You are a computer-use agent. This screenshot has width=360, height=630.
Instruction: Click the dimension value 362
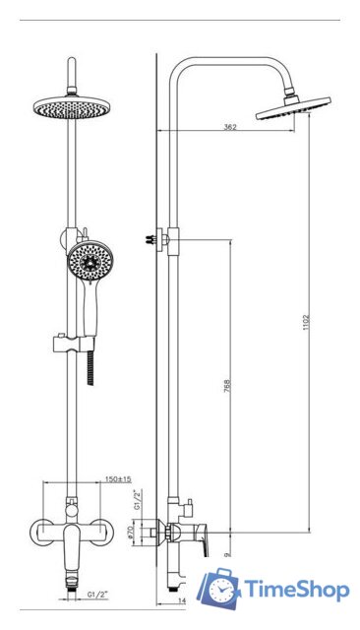[x=229, y=127]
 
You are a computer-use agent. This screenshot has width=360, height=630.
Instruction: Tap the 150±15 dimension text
[x=119, y=479]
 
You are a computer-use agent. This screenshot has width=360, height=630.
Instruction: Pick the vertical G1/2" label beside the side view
[x=138, y=502]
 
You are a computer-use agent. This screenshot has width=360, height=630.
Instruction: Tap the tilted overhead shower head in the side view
[x=292, y=111]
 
